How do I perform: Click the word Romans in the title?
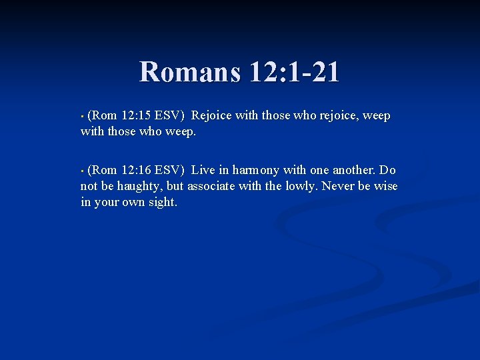pyautogui.click(x=189, y=72)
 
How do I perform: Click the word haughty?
pyautogui.click(x=139, y=187)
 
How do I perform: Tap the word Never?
pyautogui.click(x=338, y=187)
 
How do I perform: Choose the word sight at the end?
pyautogui.click(x=163, y=203)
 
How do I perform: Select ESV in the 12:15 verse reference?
pyautogui.click(x=171, y=116)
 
